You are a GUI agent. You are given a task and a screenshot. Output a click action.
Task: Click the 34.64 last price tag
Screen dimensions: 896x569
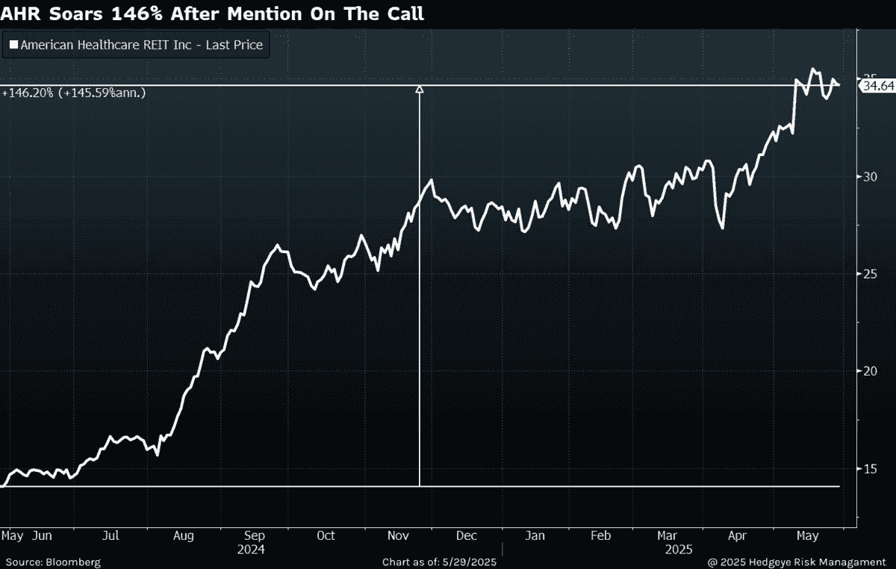tap(877, 86)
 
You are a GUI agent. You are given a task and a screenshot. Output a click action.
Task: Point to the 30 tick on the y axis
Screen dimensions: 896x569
tap(870, 177)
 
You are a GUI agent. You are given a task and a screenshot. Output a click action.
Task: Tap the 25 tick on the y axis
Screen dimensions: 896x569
tap(870, 274)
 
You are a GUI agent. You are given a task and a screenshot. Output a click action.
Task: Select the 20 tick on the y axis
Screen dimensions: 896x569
tap(870, 371)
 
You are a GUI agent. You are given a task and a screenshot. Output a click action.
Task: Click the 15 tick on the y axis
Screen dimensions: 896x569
tap(870, 468)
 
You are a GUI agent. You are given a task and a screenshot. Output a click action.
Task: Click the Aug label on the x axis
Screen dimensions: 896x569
tap(183, 536)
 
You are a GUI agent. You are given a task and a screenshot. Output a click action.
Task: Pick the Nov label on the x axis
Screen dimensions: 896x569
tap(398, 535)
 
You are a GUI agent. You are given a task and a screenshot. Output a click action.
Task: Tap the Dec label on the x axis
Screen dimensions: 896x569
tap(467, 535)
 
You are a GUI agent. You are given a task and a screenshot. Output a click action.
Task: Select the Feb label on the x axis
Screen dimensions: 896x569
tap(601, 535)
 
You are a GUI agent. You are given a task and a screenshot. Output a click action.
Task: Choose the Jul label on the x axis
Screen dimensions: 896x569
tap(111, 535)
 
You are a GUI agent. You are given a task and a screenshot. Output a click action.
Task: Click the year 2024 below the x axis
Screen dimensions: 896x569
tap(251, 550)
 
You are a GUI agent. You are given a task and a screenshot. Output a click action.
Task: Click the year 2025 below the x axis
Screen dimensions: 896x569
tap(679, 550)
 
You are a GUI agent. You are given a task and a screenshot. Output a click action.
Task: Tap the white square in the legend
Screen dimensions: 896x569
tap(13, 44)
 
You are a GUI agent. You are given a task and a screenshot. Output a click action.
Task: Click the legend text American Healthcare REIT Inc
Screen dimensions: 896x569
tap(106, 45)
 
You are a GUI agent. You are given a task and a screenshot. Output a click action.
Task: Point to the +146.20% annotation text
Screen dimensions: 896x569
tap(28, 93)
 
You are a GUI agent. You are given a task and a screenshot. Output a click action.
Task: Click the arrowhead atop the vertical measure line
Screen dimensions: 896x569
tap(419, 89)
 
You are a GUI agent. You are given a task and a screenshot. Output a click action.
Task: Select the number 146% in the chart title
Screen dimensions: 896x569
tap(137, 14)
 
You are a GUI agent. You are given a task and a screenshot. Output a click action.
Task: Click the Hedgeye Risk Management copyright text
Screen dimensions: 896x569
tap(797, 562)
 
